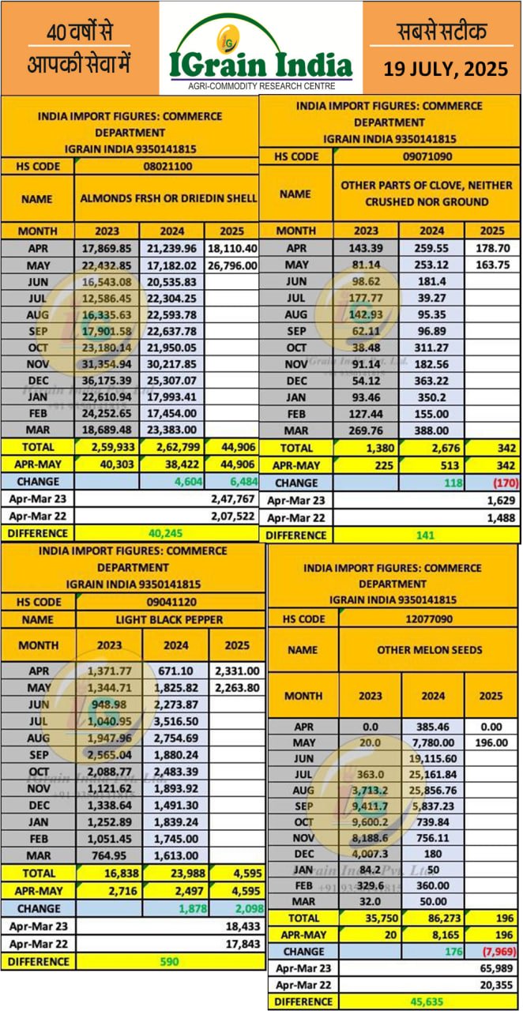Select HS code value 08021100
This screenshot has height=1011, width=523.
(166, 167)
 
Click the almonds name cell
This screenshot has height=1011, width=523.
(166, 198)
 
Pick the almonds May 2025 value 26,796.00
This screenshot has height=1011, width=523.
(231, 265)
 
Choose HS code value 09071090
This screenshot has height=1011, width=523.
(427, 156)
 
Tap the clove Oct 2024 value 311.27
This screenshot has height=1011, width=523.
(431, 348)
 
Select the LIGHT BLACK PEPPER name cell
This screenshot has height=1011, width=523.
(170, 619)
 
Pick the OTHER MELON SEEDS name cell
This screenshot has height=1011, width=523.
(429, 650)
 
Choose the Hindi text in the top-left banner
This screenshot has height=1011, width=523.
(79, 47)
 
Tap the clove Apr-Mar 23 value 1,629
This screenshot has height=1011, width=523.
(502, 500)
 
